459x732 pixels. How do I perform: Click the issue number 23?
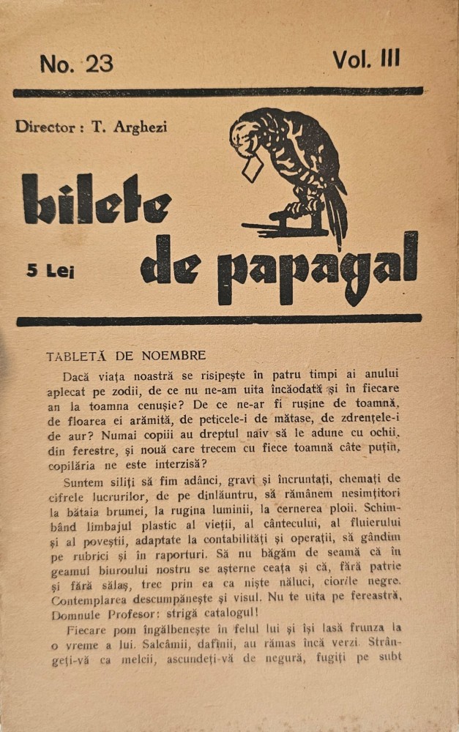pos(100,64)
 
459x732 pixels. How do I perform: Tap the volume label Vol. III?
pos(367,59)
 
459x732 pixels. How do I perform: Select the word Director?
pos(45,127)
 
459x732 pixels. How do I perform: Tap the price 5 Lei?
pos(51,270)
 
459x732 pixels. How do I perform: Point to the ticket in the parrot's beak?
pos(253,171)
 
